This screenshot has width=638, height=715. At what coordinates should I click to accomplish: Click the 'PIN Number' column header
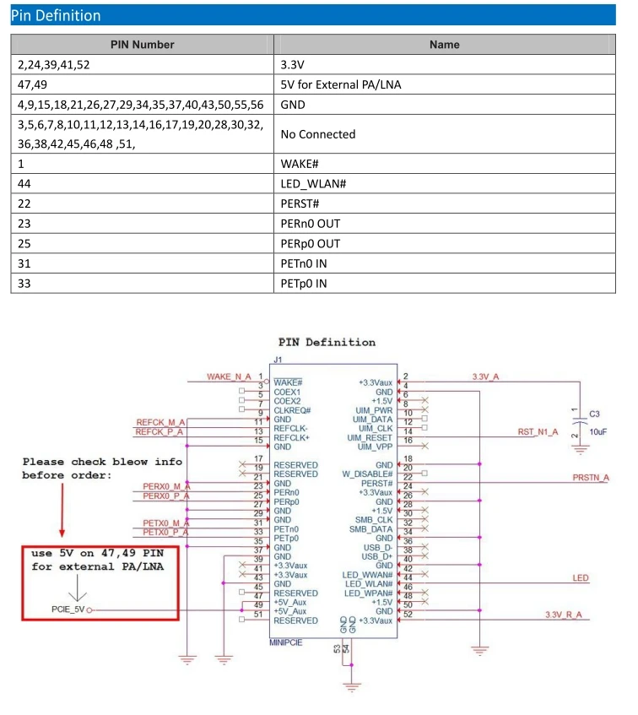tap(142, 45)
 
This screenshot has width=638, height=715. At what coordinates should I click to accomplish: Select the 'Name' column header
tap(444, 45)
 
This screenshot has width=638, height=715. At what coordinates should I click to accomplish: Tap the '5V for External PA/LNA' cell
tap(341, 84)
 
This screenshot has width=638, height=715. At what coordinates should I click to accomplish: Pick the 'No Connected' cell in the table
tap(318, 134)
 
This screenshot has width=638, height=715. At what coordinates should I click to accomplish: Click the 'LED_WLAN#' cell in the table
tap(314, 184)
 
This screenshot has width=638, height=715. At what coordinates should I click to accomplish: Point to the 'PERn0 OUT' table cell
tap(311, 224)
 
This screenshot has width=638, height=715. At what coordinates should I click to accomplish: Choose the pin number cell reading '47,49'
tap(32, 84)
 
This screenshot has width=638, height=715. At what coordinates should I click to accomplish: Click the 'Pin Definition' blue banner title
tap(56, 15)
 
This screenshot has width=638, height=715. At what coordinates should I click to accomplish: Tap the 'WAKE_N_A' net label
tap(229, 376)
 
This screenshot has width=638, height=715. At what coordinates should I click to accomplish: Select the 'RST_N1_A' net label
tap(538, 432)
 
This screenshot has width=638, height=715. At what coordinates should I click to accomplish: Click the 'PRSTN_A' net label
tap(591, 478)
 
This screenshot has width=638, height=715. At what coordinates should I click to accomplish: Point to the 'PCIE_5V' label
tap(68, 609)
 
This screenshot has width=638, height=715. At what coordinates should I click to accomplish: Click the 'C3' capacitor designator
tap(594, 414)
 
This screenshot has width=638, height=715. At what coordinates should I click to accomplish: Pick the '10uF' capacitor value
tap(597, 432)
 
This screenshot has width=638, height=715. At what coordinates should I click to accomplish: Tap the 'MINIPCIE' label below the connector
tap(286, 642)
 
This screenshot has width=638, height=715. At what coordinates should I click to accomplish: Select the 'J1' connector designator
tap(278, 360)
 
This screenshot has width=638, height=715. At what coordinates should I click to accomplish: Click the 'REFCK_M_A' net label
tap(160, 422)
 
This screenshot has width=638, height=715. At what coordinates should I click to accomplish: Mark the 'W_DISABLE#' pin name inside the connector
tap(367, 474)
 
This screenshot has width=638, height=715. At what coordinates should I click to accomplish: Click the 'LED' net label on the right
tap(581, 578)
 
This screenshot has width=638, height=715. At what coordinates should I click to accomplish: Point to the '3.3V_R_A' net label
tap(564, 615)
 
